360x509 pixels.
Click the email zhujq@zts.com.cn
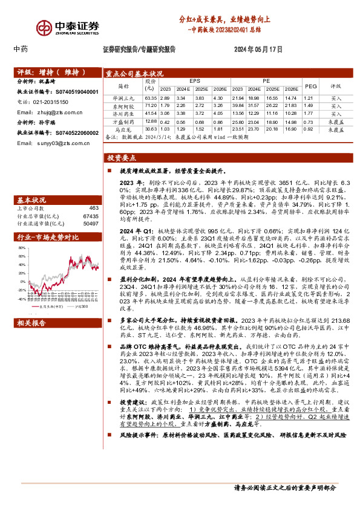click(x=44, y=112)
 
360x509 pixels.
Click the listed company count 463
click(x=91, y=207)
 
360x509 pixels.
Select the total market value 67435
click(x=89, y=215)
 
